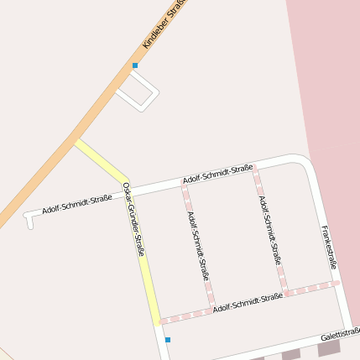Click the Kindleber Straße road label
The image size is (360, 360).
pyautogui.click(x=163, y=23)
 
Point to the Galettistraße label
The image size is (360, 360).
pyautogui.click(x=340, y=334)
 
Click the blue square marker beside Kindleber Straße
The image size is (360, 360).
pyautogui.click(x=134, y=65)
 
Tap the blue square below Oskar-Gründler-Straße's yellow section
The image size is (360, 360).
pyautogui.click(x=168, y=340)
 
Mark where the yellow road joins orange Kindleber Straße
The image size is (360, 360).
pyautogui.click(x=76, y=140)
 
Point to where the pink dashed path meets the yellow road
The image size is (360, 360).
pyautogui.click(x=159, y=320)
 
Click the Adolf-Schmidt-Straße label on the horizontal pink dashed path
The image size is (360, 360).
pyautogui.click(x=247, y=303)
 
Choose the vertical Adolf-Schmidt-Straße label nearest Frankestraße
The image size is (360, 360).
pyautogui.click(x=269, y=230)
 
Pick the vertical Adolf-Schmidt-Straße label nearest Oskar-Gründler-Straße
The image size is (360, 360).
pyautogui.click(x=199, y=245)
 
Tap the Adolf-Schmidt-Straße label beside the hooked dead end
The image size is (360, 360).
pyautogui.click(x=76, y=203)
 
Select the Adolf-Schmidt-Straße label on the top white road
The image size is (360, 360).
pyautogui.click(x=217, y=175)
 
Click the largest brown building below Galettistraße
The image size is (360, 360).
pyautogui.click(x=329, y=347)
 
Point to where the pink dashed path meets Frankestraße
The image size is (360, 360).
pyautogui.click(x=336, y=284)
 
